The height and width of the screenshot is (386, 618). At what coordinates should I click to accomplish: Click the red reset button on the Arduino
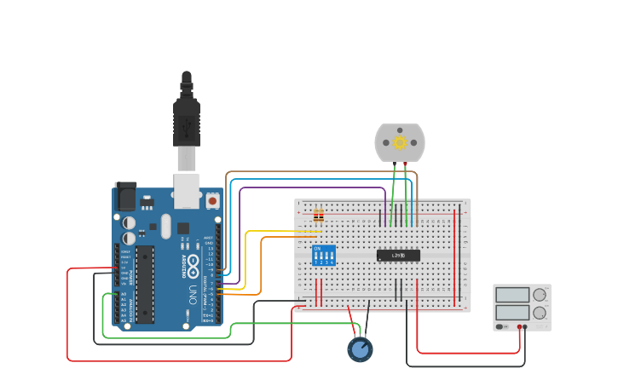pyautogui.click(x=212, y=200)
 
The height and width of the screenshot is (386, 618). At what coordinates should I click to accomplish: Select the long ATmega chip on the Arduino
pyautogui.click(x=145, y=285)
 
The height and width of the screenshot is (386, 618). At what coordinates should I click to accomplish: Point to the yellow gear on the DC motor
pyautogui.click(x=400, y=142)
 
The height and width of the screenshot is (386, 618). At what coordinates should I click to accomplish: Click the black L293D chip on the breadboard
pyautogui.click(x=398, y=255)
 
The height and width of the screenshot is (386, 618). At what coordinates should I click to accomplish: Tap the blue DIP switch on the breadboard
pyautogui.click(x=324, y=255)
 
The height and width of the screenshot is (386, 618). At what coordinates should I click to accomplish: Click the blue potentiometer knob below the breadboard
pyautogui.click(x=360, y=349)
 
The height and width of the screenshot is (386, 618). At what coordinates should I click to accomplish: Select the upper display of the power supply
pyautogui.click(x=512, y=295)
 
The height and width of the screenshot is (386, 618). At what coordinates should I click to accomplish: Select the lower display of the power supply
pyautogui.click(x=512, y=313)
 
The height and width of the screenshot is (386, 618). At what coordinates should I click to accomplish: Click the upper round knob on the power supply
pyautogui.click(x=540, y=295)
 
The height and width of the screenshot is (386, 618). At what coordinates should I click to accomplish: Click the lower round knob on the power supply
pyautogui.click(x=540, y=313)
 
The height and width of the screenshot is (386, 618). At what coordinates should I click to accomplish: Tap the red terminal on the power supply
pyautogui.click(x=517, y=326)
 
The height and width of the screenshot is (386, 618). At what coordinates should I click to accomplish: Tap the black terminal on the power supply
pyautogui.click(x=525, y=326)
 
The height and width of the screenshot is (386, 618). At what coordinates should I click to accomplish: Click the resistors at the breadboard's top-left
pyautogui.click(x=319, y=214)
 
